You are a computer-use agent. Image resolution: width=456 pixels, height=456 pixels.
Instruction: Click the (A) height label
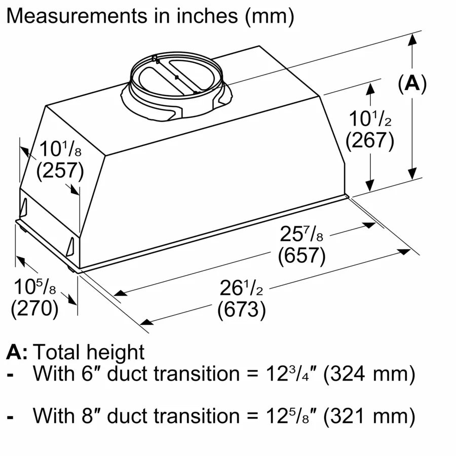(412, 84)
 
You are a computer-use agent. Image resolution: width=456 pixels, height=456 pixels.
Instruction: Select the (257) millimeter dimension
(60, 171)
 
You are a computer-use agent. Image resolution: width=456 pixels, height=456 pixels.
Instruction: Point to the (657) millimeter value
(301, 256)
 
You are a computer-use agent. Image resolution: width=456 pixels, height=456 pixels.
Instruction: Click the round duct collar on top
(175, 81)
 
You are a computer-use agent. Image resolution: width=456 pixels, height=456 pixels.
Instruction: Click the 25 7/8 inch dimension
(301, 235)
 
